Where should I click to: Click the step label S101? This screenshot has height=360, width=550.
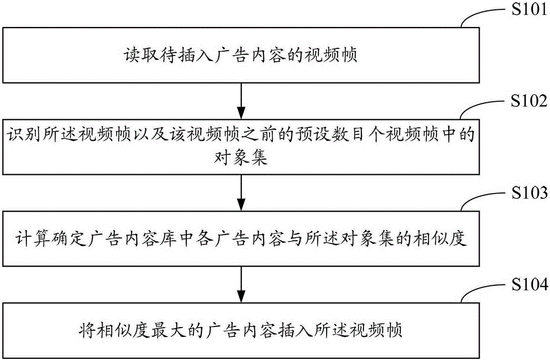(x=529, y=9)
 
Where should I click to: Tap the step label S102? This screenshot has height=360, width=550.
(x=529, y=101)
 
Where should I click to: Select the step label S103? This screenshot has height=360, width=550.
(x=529, y=192)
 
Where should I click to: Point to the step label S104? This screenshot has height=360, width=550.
(x=529, y=284)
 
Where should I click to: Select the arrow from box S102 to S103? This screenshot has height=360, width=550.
(x=241, y=193)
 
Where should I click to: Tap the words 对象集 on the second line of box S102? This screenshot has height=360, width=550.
(x=241, y=157)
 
